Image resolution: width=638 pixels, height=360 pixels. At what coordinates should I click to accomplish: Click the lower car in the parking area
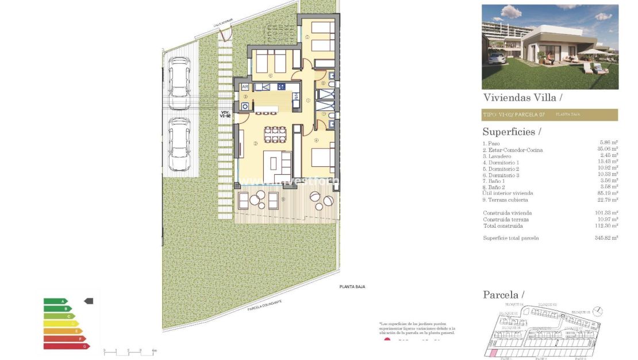[x=180, y=144]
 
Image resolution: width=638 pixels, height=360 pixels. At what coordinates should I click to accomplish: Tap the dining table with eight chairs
[x=275, y=135]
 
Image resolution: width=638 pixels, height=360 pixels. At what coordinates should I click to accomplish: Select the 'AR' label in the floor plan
[x=245, y=87]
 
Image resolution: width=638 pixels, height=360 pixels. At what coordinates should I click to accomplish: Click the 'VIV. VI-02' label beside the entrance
[x=225, y=114]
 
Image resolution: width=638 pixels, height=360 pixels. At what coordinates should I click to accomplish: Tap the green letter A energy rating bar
[x=55, y=301]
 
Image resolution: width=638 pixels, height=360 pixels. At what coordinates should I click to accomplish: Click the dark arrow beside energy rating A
[x=89, y=301]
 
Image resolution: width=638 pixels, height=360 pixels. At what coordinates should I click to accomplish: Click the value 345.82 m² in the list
[x=606, y=238]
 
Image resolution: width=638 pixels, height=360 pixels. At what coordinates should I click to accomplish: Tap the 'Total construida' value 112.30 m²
[x=606, y=226]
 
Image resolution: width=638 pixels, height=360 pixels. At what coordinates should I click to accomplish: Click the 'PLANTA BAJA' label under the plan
[x=352, y=286]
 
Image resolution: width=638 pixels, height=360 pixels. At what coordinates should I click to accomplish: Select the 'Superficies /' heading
[x=512, y=132]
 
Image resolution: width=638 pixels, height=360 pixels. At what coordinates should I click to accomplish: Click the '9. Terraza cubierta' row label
[x=505, y=200]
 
